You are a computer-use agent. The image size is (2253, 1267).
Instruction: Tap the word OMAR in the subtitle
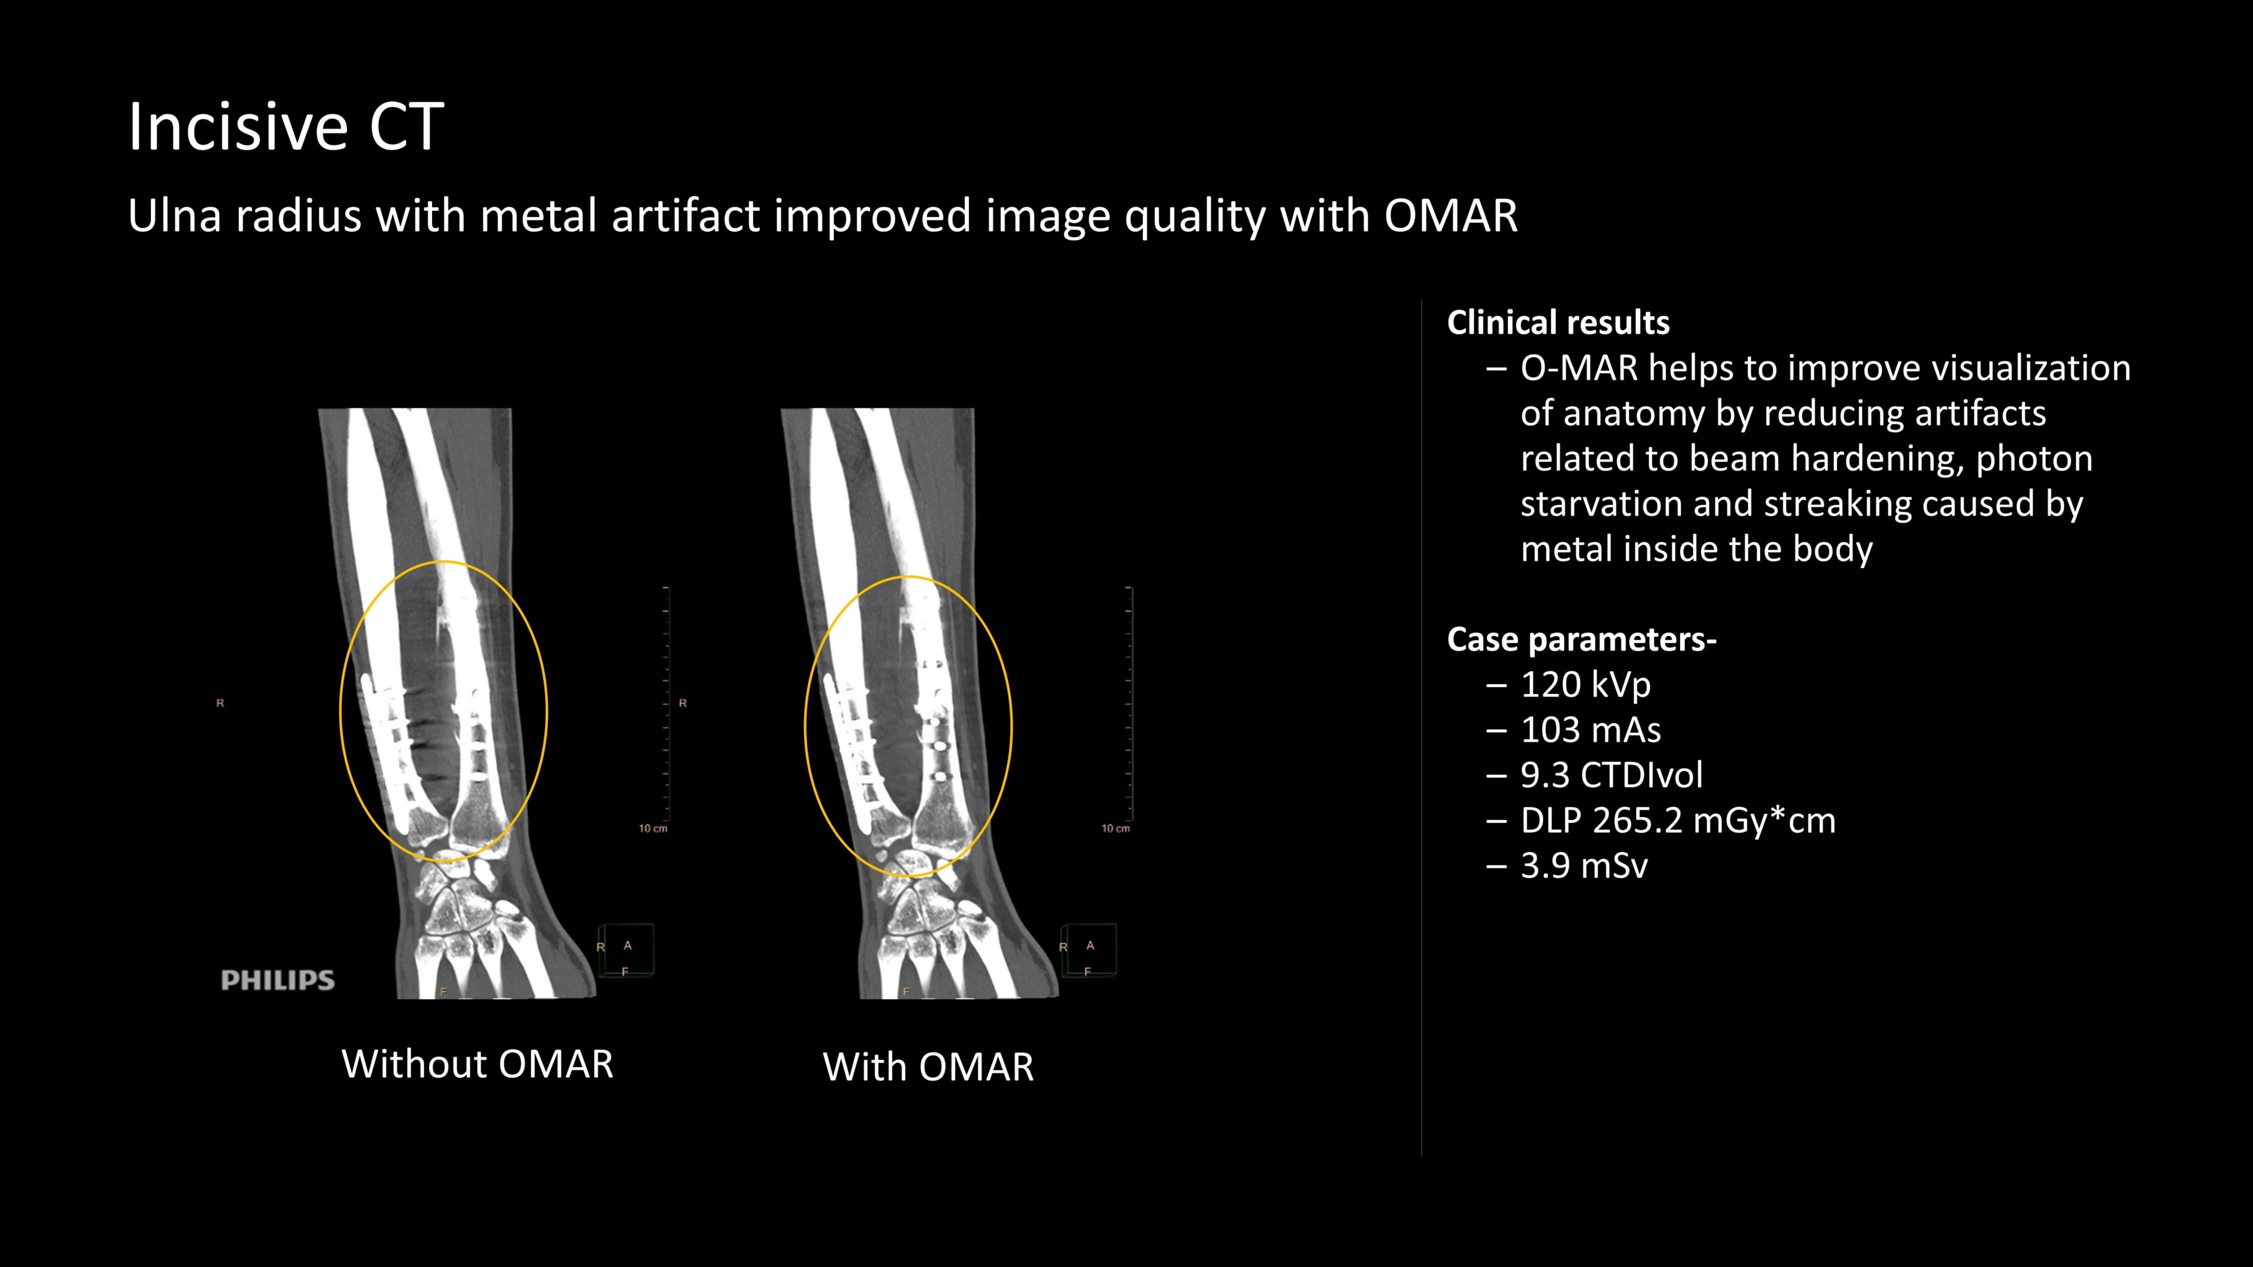(x=1450, y=216)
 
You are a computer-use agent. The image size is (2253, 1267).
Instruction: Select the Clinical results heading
(x=1558, y=323)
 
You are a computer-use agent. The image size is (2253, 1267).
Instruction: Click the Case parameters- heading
(x=1581, y=639)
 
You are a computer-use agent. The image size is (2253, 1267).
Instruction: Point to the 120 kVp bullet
(x=1585, y=685)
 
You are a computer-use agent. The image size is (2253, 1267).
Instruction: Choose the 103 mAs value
(x=1590, y=730)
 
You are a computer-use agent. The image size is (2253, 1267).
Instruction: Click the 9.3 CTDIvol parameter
(x=1611, y=775)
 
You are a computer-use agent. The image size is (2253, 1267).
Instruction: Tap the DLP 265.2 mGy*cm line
(x=1677, y=821)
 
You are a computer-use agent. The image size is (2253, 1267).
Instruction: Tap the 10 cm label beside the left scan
(x=652, y=828)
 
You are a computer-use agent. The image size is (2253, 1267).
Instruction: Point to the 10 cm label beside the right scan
(x=1115, y=828)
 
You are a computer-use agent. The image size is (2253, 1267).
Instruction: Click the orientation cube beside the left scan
(x=626, y=951)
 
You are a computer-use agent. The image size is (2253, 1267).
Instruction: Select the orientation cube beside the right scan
(x=1089, y=951)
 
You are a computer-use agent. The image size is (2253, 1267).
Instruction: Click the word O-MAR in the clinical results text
(x=1579, y=368)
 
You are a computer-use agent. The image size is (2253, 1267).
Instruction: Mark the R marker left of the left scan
(x=220, y=703)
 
